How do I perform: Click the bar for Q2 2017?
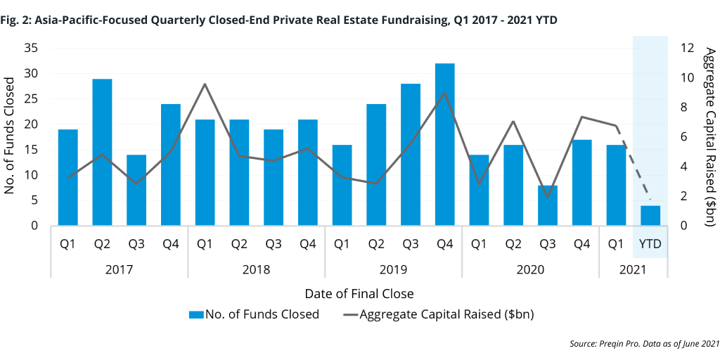(102, 152)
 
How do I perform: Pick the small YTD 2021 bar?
(650, 216)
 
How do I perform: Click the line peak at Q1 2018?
(205, 84)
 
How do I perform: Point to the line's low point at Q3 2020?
(548, 196)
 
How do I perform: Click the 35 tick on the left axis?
(31, 48)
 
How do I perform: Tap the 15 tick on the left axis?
(31, 150)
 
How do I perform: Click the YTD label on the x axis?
(650, 244)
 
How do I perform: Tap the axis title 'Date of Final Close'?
(359, 293)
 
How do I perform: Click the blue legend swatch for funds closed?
(196, 314)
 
